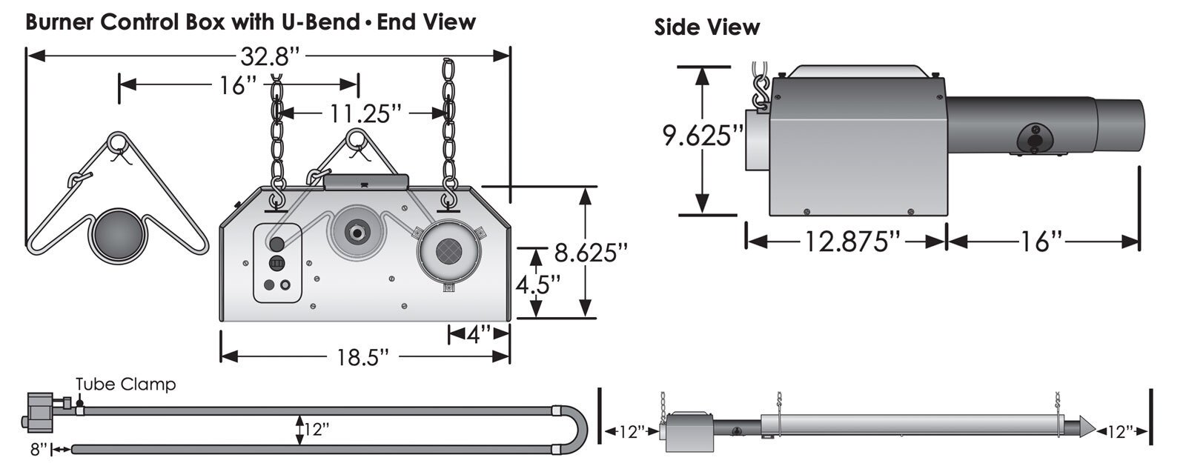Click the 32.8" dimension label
point(269,56)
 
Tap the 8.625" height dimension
point(591,253)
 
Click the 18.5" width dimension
point(364,357)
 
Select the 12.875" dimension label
point(847,242)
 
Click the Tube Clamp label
point(126,385)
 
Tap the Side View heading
point(706,28)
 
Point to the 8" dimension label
point(39,449)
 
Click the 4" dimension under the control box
point(479,335)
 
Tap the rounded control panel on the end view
point(278,263)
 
